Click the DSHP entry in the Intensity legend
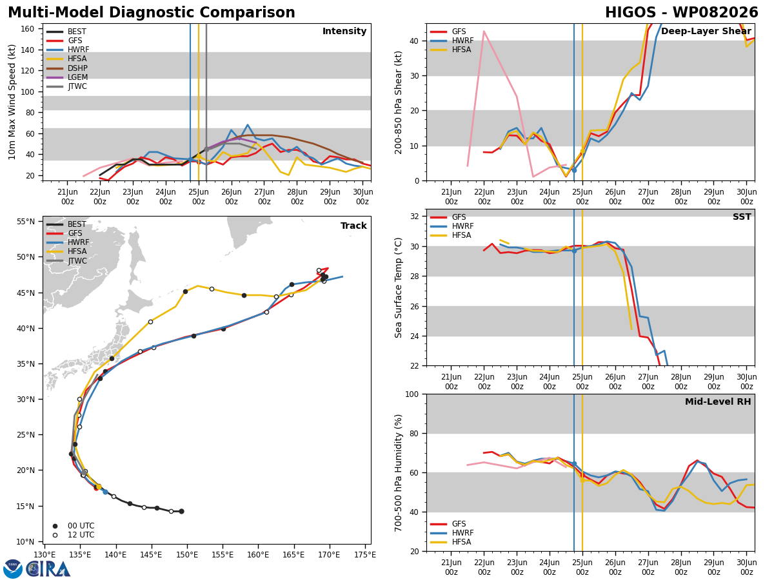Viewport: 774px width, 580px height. tap(67, 68)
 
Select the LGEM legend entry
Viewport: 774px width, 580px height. tap(67, 77)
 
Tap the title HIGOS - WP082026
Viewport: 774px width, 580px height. tap(682, 13)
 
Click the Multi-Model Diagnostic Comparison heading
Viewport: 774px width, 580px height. tap(152, 13)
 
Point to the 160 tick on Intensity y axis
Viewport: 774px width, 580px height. tap(28, 29)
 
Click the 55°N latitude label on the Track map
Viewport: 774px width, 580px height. tap(26, 222)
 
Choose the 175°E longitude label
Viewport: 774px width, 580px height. tap(365, 555)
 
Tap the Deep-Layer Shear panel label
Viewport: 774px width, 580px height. tap(706, 31)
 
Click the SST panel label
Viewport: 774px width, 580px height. tap(742, 217)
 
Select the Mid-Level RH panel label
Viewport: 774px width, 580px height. tap(718, 401)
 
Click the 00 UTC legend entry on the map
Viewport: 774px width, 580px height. tap(74, 526)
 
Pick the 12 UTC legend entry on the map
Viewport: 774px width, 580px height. tap(74, 535)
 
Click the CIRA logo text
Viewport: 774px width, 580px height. tap(48, 569)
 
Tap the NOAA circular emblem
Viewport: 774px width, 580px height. tap(13, 569)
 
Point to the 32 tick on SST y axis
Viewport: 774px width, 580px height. tap(415, 217)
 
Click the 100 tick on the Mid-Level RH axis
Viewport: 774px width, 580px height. tap(412, 394)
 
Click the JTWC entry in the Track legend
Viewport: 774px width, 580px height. tap(66, 261)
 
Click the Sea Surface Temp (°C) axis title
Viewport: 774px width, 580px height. tap(398, 287)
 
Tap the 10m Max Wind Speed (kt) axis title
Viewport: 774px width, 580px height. tap(12, 102)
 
